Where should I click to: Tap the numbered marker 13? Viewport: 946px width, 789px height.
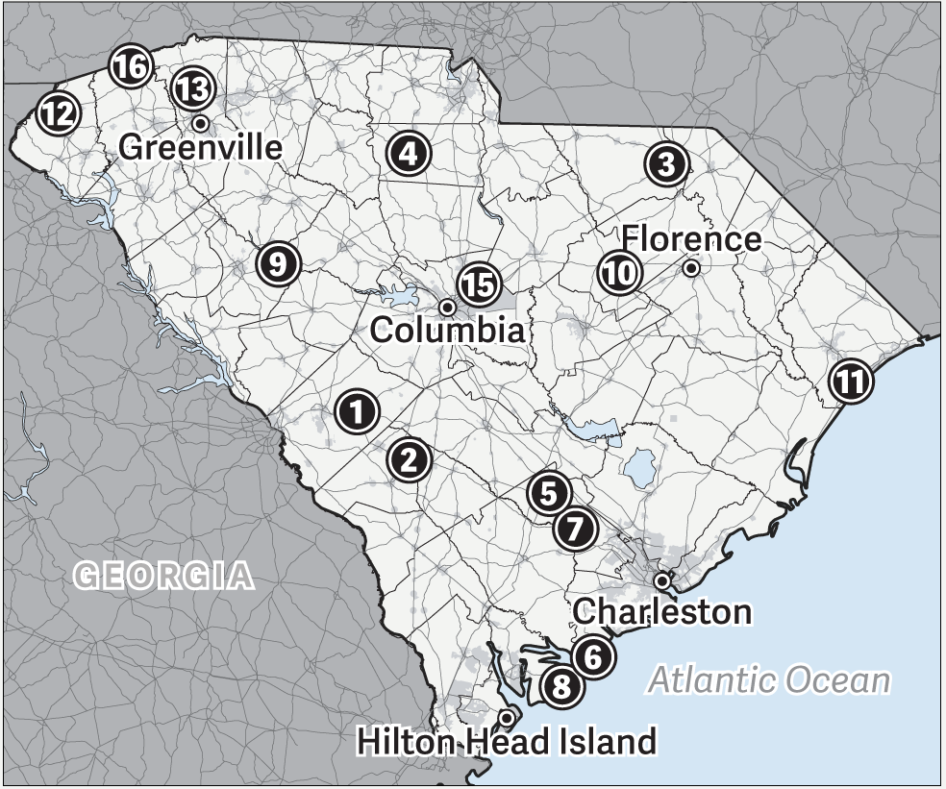(192, 89)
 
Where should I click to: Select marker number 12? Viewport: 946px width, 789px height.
(57, 115)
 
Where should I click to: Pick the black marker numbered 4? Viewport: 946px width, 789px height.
(409, 153)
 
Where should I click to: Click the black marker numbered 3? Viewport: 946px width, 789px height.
(666, 165)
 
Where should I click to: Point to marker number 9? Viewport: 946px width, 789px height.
(278, 262)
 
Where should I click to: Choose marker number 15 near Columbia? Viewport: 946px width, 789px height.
(478, 284)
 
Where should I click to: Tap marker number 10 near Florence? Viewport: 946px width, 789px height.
(620, 272)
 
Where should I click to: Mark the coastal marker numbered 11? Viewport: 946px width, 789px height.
(849, 382)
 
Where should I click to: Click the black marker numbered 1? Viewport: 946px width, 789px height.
(358, 412)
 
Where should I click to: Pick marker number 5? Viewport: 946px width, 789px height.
(548, 492)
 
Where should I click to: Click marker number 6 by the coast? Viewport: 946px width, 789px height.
(592, 655)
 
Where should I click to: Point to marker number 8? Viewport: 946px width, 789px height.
(561, 685)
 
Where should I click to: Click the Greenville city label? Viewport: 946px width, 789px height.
(201, 147)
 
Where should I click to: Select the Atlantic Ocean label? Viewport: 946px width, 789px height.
(769, 680)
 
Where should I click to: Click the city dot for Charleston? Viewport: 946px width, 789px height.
(662, 580)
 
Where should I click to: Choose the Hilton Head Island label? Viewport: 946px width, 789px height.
(507, 742)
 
